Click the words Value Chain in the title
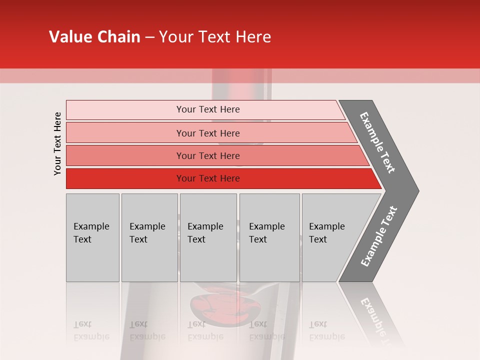pyautogui.click(x=94, y=37)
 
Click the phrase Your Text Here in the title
pyautogui.click(x=215, y=37)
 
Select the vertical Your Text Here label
pyautogui.click(x=57, y=144)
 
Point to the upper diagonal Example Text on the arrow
pyautogui.click(x=377, y=142)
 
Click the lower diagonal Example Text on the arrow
pyautogui.click(x=378, y=236)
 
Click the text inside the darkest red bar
pyautogui.click(x=208, y=178)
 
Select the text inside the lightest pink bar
pyautogui.click(x=208, y=109)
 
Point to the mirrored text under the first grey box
pyautogui.click(x=91, y=330)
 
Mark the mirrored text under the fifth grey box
pyautogui.click(x=326, y=330)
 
